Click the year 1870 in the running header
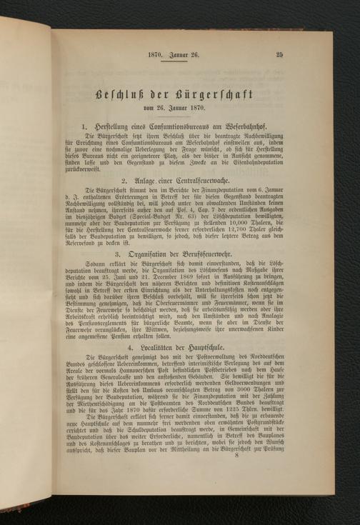pyautogui.click(x=156, y=54)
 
